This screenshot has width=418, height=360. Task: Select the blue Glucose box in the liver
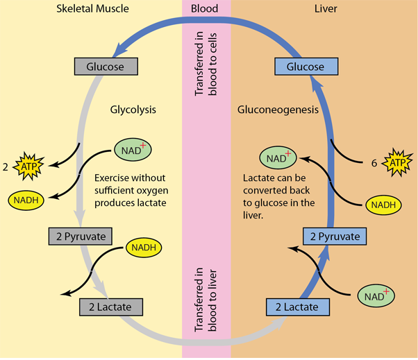(x=306, y=67)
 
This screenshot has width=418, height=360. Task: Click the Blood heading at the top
(x=206, y=8)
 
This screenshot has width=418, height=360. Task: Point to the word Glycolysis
(x=133, y=110)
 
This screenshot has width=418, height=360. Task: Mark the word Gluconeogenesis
(x=278, y=110)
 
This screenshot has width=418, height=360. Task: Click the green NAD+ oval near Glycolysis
(x=132, y=149)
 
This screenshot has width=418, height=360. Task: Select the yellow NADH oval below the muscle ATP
(x=26, y=200)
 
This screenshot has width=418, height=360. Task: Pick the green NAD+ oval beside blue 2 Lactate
(x=376, y=296)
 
